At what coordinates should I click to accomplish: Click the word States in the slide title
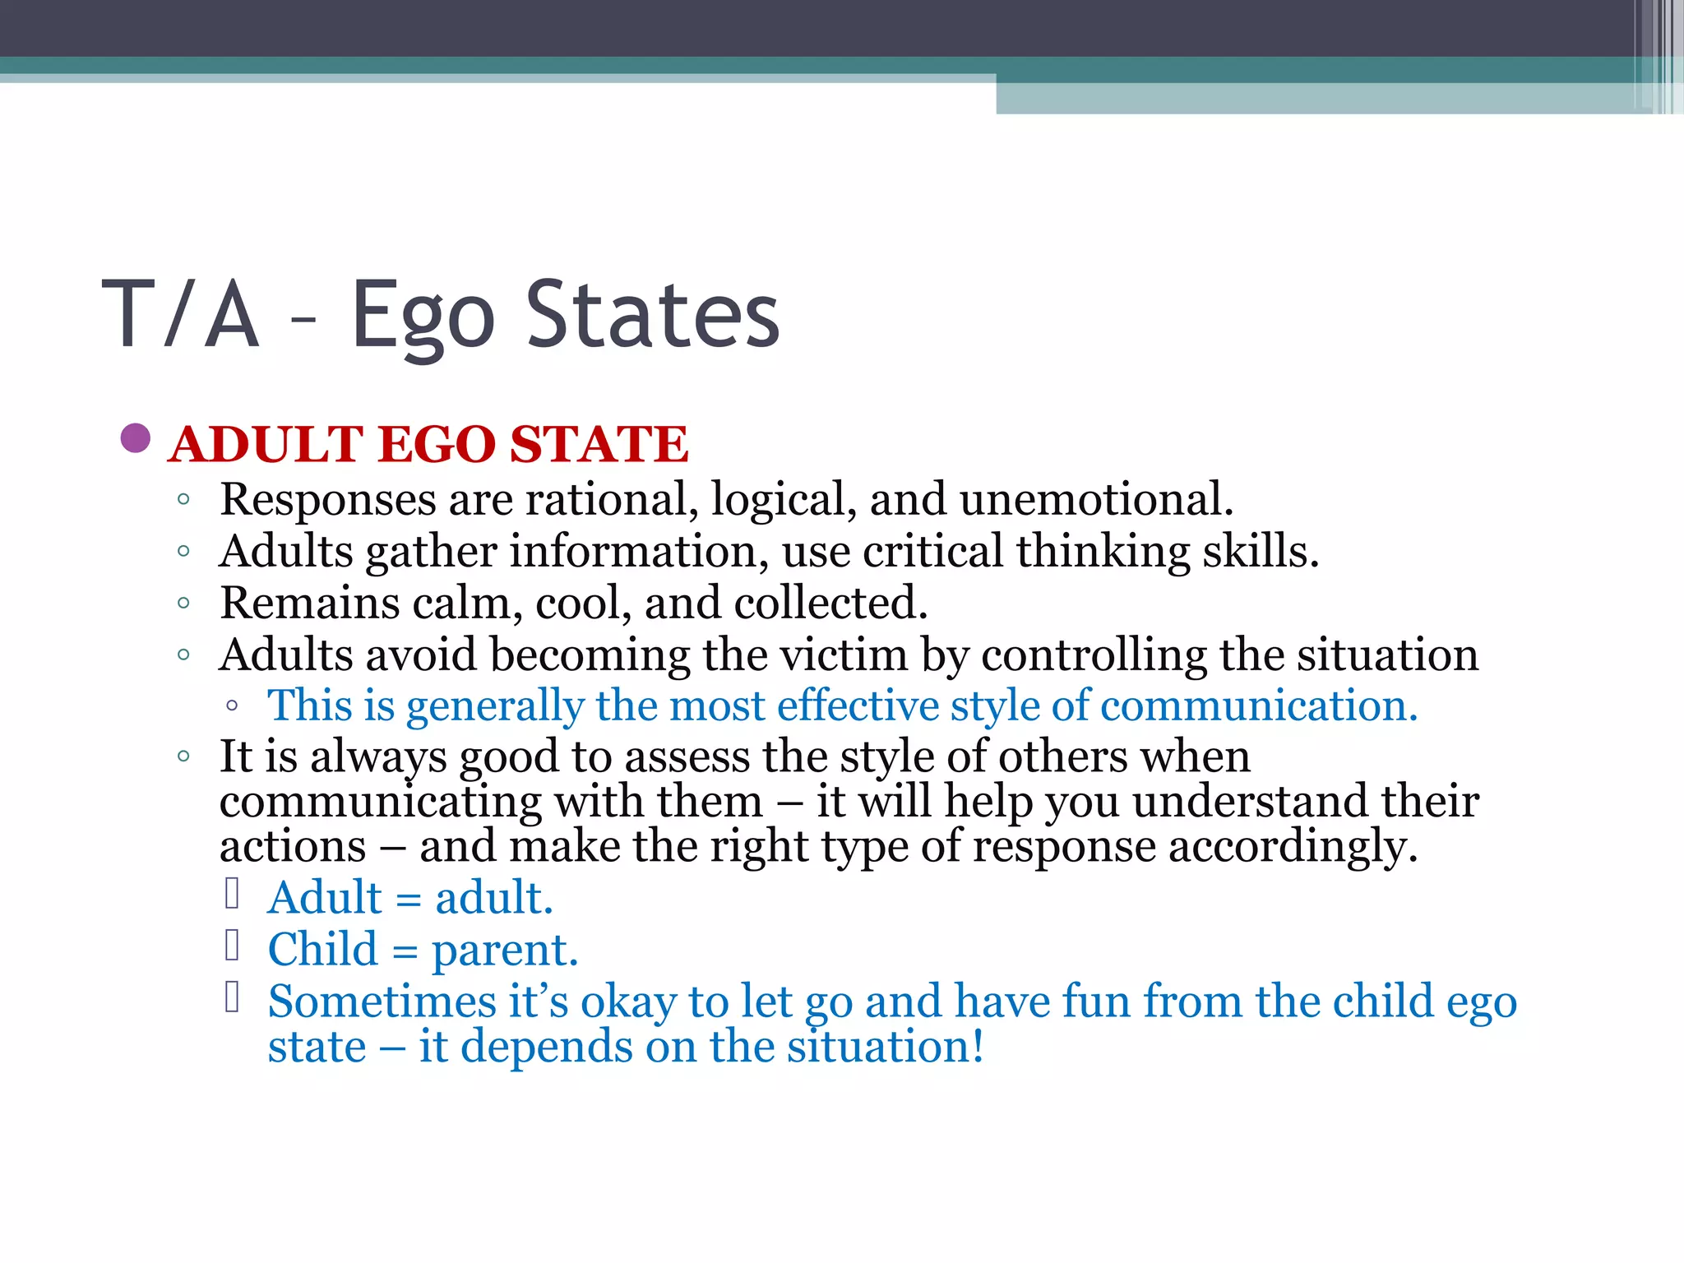(652, 315)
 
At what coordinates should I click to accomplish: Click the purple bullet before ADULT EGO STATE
(136, 438)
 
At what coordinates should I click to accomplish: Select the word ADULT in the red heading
(266, 445)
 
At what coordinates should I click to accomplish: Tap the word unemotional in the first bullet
(1095, 499)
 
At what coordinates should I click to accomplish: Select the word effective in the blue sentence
(858, 706)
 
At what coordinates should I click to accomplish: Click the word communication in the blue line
(1258, 706)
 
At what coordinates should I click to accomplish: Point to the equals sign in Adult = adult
(409, 900)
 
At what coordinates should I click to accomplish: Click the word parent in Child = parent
(505, 951)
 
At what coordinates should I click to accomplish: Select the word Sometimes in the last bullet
(382, 1002)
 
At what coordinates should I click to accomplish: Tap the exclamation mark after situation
(978, 1047)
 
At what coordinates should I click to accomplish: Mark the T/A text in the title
(181, 315)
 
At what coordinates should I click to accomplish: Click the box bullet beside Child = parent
(232, 946)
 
